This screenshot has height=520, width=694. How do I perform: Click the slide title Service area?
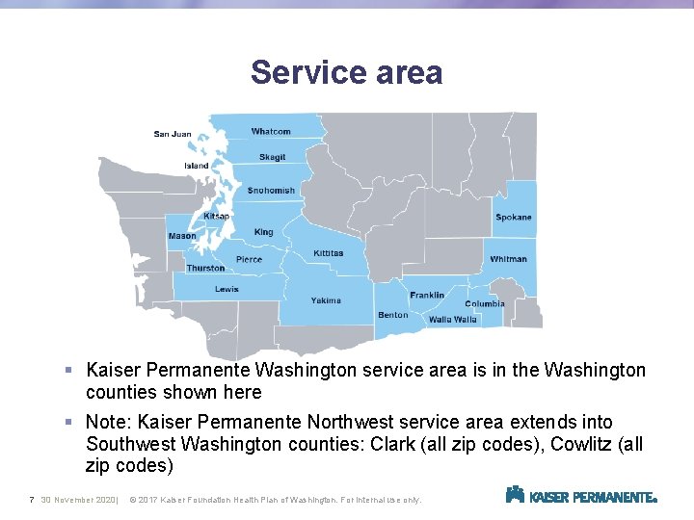coord(346,72)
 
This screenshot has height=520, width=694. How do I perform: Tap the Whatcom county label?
coord(271,132)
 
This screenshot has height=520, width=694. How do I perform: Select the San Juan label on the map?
coord(173,134)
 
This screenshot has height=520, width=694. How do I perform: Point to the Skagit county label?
coord(272,157)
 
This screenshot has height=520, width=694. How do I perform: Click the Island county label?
coord(197,166)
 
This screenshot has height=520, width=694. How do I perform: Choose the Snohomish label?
coord(271,191)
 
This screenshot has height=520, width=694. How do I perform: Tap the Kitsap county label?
coord(216,217)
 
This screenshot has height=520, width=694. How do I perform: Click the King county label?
coord(264,232)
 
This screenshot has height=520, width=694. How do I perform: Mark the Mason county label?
coord(181,236)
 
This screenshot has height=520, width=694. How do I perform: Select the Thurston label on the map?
coord(205,269)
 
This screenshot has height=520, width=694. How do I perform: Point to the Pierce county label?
coord(249,260)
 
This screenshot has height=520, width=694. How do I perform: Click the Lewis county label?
coord(227,289)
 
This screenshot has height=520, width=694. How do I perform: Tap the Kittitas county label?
coord(328,253)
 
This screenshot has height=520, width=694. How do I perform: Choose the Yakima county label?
coord(326,300)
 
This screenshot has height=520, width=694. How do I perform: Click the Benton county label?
coord(392,315)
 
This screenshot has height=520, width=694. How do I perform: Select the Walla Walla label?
coord(453,320)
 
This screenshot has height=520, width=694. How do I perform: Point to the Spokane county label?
coord(513,218)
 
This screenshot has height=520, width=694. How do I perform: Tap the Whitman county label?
coord(508,259)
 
